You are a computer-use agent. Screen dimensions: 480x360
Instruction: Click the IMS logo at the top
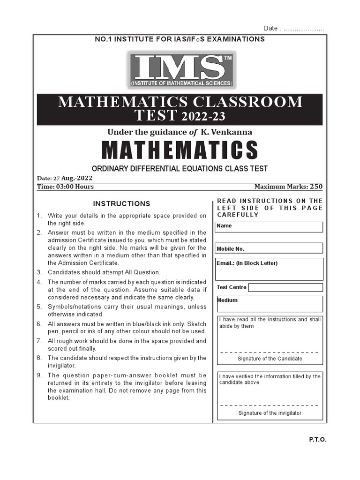tap(182, 70)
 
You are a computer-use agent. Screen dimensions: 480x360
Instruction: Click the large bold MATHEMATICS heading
tap(180, 150)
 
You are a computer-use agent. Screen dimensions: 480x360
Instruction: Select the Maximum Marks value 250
tap(316, 187)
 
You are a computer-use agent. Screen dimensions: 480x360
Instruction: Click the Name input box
tap(269, 227)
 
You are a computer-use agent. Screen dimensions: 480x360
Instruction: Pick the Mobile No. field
tap(269, 248)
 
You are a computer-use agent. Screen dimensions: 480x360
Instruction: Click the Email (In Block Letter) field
tap(269, 269)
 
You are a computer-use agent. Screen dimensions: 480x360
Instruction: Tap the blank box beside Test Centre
tap(285, 287)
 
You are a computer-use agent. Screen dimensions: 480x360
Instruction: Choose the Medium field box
tap(269, 304)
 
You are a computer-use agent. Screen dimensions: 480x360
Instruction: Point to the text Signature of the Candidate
tap(270, 359)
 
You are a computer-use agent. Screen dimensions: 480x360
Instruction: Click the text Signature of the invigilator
tap(270, 413)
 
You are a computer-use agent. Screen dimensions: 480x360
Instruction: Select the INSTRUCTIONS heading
tap(121, 204)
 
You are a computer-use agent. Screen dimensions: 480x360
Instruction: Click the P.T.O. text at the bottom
tap(317, 440)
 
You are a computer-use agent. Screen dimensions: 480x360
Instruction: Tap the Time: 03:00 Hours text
tap(65, 187)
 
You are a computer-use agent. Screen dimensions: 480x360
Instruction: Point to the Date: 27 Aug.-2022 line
tap(65, 179)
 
